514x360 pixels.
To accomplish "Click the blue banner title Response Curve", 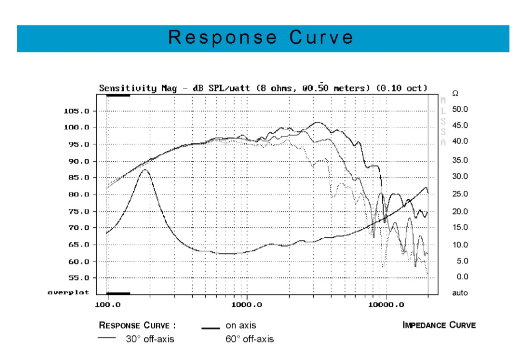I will [261, 38].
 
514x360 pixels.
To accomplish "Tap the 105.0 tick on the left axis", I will [76, 111].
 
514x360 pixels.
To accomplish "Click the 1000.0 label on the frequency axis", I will [247, 304].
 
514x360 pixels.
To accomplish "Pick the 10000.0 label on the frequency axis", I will [386, 304].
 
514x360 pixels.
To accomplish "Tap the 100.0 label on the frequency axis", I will [109, 304].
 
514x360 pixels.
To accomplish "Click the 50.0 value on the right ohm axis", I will [460, 109].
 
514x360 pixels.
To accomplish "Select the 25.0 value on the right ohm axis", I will [460, 194].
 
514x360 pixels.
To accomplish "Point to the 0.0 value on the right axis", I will [462, 277].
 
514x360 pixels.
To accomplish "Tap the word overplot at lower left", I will [68, 292].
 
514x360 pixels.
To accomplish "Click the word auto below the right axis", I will [460, 293].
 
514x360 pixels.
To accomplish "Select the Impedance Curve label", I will [439, 325].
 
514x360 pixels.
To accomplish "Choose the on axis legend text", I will [241, 325].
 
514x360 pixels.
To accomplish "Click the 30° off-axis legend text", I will [150, 339].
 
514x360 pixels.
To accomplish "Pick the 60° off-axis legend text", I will [249, 339].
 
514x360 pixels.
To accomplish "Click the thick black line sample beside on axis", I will [210, 327].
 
